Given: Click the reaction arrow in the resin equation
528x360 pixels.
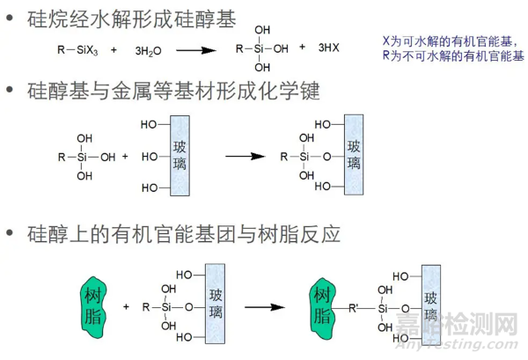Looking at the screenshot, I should [268, 307].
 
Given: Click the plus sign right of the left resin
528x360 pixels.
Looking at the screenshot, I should [127, 307].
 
